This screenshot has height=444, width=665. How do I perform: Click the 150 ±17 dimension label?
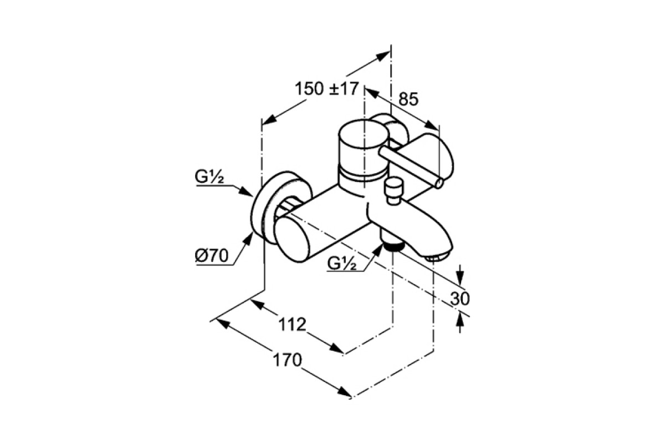327,89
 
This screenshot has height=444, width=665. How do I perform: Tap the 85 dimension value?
408,99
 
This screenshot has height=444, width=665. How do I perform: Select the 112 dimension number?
292,325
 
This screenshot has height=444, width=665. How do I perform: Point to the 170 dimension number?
287,360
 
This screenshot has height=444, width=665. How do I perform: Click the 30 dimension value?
460,299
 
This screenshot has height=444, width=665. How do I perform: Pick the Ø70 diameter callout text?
212,255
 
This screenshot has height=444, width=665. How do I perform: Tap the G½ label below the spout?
342,263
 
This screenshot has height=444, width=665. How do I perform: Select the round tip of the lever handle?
438,183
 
